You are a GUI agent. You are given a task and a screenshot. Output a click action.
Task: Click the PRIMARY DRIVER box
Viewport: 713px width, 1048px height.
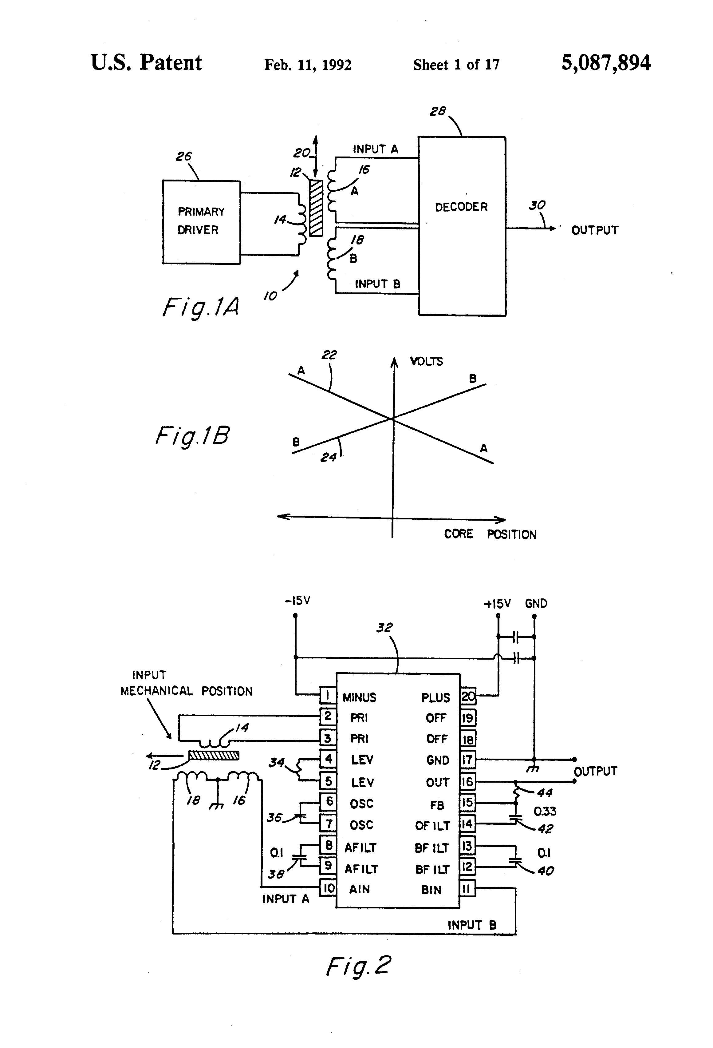pos(201,221)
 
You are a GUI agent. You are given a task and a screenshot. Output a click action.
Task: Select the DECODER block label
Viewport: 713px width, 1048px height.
pos(461,207)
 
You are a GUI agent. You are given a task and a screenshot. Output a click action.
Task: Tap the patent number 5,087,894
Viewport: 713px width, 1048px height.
pos(605,63)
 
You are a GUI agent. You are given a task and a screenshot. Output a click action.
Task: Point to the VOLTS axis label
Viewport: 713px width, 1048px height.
pos(426,361)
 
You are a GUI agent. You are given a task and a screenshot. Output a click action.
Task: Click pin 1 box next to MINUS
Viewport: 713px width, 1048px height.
pos(328,695)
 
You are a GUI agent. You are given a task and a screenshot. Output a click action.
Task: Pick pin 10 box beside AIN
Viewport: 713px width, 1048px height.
pos(328,888)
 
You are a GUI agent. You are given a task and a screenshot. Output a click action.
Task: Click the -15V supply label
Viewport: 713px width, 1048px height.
pos(297,601)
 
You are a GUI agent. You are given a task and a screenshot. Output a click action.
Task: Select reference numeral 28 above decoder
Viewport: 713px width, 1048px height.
pos(437,111)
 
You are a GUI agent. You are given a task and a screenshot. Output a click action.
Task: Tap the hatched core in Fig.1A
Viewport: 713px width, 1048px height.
pos(316,208)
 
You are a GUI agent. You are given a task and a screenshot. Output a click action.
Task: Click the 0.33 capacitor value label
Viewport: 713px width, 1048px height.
pos(545,811)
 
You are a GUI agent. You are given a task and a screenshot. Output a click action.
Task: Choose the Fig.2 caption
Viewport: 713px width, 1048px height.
pos(358,967)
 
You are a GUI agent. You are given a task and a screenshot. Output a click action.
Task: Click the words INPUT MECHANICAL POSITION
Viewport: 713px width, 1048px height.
pos(186,683)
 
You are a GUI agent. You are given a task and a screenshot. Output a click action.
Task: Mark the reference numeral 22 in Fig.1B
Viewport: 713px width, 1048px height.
pos(329,355)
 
